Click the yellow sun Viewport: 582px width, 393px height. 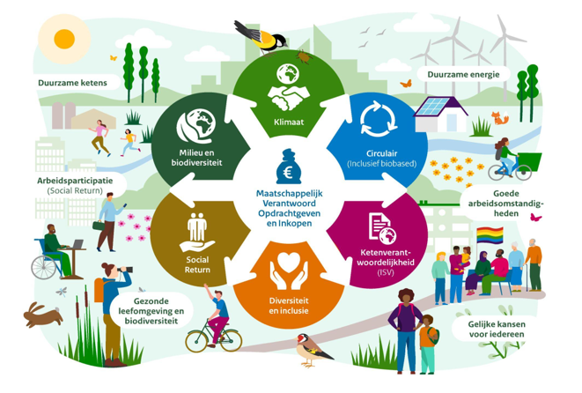tap(64, 39)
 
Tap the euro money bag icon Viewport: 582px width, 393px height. tap(284, 166)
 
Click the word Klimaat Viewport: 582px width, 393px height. tap(289, 122)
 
